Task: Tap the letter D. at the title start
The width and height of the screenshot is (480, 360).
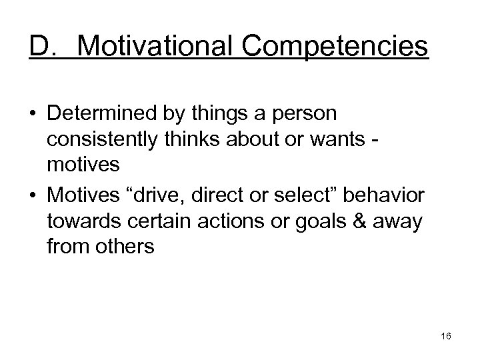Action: pos(43,47)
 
